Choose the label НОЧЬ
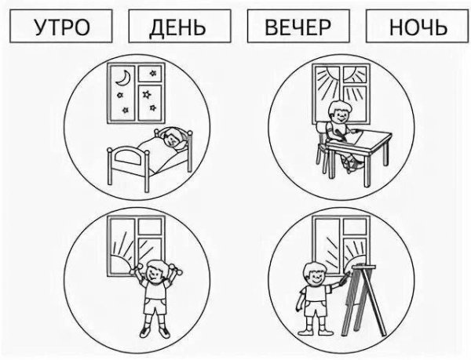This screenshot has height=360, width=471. (418, 28)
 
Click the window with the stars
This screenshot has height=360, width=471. (136, 89)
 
